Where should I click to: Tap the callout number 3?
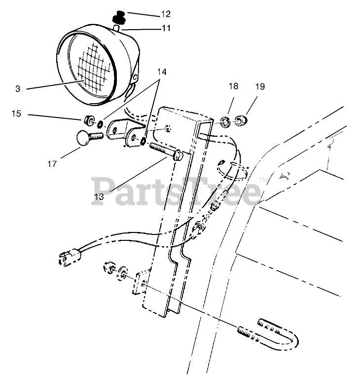click(x=18, y=89)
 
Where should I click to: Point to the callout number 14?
click(x=162, y=72)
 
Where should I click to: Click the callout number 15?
click(x=17, y=114)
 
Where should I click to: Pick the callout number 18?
click(x=233, y=86)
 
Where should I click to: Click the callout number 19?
click(x=260, y=86)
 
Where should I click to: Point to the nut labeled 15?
click(x=90, y=120)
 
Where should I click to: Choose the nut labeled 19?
click(x=240, y=119)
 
